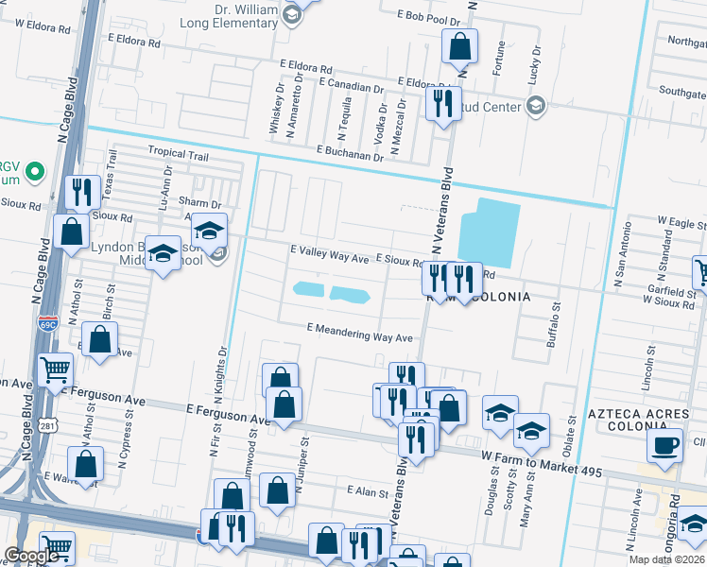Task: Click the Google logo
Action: (x=30, y=556)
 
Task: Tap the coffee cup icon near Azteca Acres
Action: (x=664, y=445)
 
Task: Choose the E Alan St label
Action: (x=368, y=491)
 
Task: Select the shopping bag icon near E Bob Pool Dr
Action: (x=459, y=45)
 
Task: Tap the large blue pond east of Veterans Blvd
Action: (x=488, y=232)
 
